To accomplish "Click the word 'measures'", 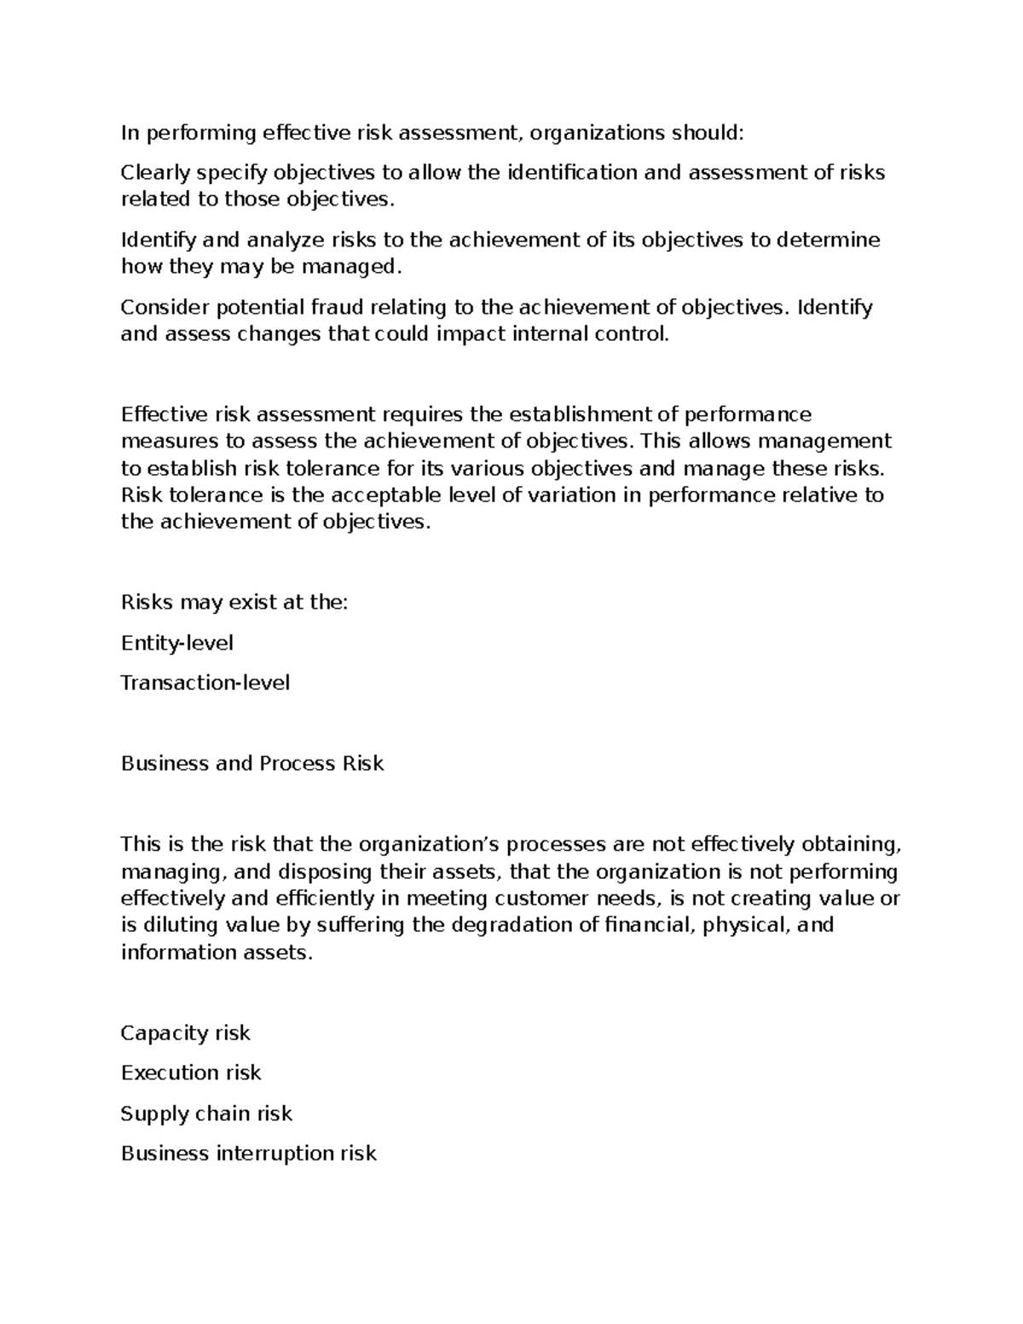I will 160,442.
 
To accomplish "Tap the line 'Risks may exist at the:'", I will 234,603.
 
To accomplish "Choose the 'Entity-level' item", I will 177,643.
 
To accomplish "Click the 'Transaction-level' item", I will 205,683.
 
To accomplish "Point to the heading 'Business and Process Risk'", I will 252,763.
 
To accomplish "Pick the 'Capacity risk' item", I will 186,1033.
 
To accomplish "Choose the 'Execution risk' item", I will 191,1072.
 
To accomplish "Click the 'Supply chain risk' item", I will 206,1113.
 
